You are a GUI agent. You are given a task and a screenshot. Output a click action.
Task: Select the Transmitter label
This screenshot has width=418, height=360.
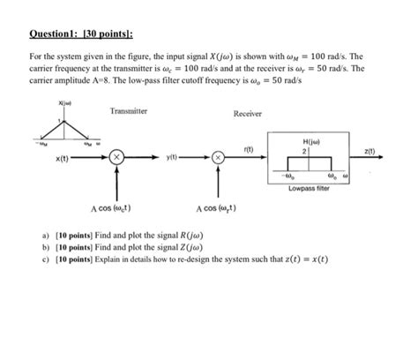coord(129,111)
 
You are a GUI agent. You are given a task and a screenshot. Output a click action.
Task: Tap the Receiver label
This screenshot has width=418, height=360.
coord(250,115)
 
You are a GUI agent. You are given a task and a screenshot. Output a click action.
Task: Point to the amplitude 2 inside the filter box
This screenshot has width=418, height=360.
coord(304,151)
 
